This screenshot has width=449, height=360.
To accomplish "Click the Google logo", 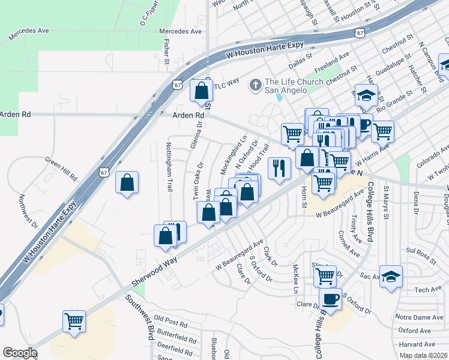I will point(20,353).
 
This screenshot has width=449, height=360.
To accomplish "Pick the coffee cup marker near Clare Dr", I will point(330,298).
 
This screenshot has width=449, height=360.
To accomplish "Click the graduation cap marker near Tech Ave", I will point(391,277).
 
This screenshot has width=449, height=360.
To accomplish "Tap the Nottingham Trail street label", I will point(169,167).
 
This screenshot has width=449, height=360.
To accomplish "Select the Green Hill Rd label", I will point(61,170).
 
